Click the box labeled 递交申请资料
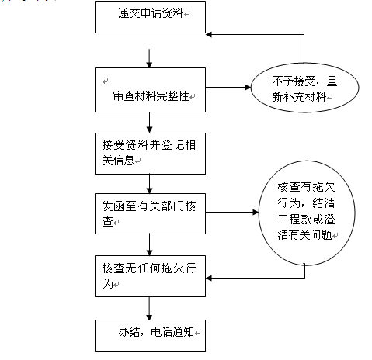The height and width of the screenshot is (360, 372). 150,17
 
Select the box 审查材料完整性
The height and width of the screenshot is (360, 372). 150,90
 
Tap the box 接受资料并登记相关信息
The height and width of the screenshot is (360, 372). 150,154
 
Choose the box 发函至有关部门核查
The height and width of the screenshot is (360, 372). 150,214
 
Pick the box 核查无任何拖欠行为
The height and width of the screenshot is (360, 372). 150,276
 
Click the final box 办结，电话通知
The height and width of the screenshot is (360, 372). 150,336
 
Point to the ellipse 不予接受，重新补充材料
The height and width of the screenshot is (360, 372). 305,88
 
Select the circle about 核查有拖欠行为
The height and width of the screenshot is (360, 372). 307,213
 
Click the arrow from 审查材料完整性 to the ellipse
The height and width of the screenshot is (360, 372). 228,88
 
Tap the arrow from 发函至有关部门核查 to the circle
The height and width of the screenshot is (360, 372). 232,213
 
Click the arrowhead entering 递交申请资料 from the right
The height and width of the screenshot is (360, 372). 209,35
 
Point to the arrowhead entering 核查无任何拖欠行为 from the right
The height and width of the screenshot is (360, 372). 209,279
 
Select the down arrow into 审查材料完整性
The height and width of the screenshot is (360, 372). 149,58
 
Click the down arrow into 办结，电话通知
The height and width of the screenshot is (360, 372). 149,309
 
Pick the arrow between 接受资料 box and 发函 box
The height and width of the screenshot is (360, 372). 149,184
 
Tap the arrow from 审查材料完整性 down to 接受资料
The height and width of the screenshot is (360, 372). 149,123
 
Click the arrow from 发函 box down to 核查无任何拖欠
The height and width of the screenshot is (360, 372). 149,245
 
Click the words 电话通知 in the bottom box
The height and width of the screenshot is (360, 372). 172,332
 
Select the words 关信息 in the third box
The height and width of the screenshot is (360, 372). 118,161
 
